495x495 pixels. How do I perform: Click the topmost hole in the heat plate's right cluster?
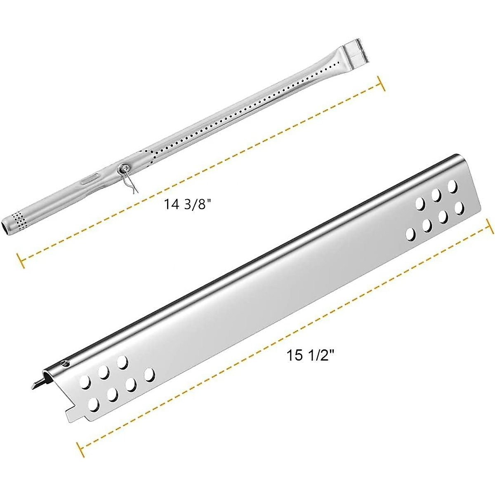click(453, 186)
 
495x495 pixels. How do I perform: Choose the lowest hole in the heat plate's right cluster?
click(411, 234)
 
